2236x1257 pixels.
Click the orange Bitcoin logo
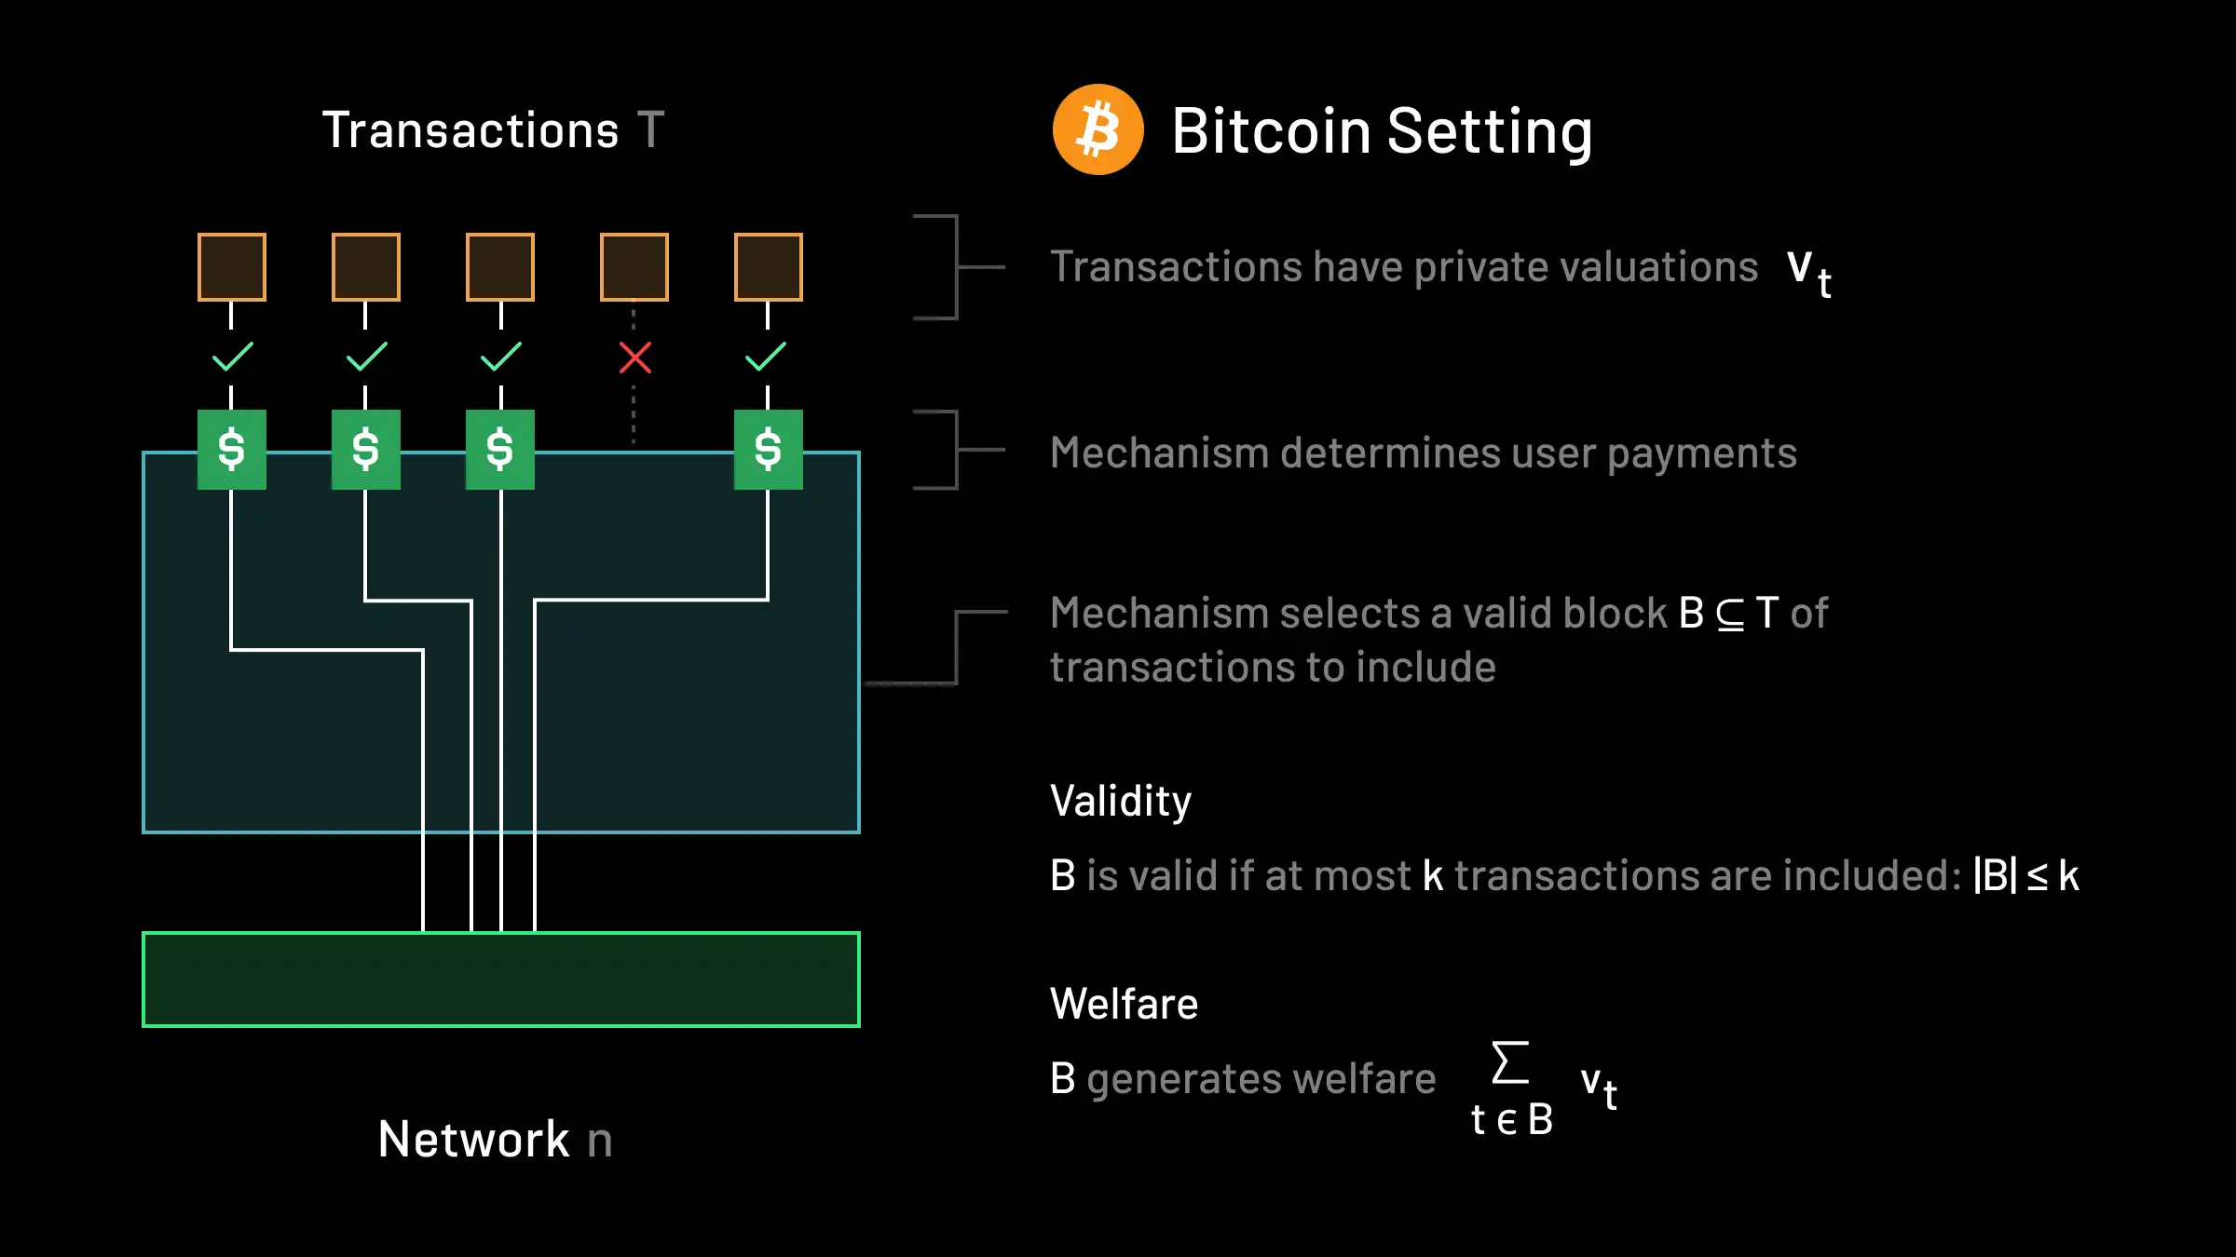pyautogui.click(x=1098, y=129)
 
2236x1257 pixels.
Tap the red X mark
pyautogui.click(x=635, y=358)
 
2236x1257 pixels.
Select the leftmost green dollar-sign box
pyautogui.click(x=232, y=450)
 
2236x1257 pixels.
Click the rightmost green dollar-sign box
pyautogui.click(x=769, y=450)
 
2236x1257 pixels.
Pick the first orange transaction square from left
pyautogui.click(x=232, y=267)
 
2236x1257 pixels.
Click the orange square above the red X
pyautogui.click(x=634, y=267)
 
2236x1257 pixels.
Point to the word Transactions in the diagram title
pyautogui.click(x=470, y=130)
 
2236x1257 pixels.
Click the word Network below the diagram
pyautogui.click(x=473, y=1139)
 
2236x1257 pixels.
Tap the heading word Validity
pyautogui.click(x=1121, y=802)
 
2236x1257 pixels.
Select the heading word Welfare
pyautogui.click(x=1124, y=1004)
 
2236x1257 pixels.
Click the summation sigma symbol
pyautogui.click(x=1510, y=1062)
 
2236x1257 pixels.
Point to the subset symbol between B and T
pyautogui.click(x=1730, y=615)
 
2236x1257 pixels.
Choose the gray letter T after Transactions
pyautogui.click(x=650, y=130)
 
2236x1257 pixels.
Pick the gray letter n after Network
pyautogui.click(x=600, y=1141)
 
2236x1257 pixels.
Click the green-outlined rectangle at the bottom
pyautogui.click(x=501, y=980)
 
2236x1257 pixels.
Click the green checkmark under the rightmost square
pyautogui.click(x=766, y=357)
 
